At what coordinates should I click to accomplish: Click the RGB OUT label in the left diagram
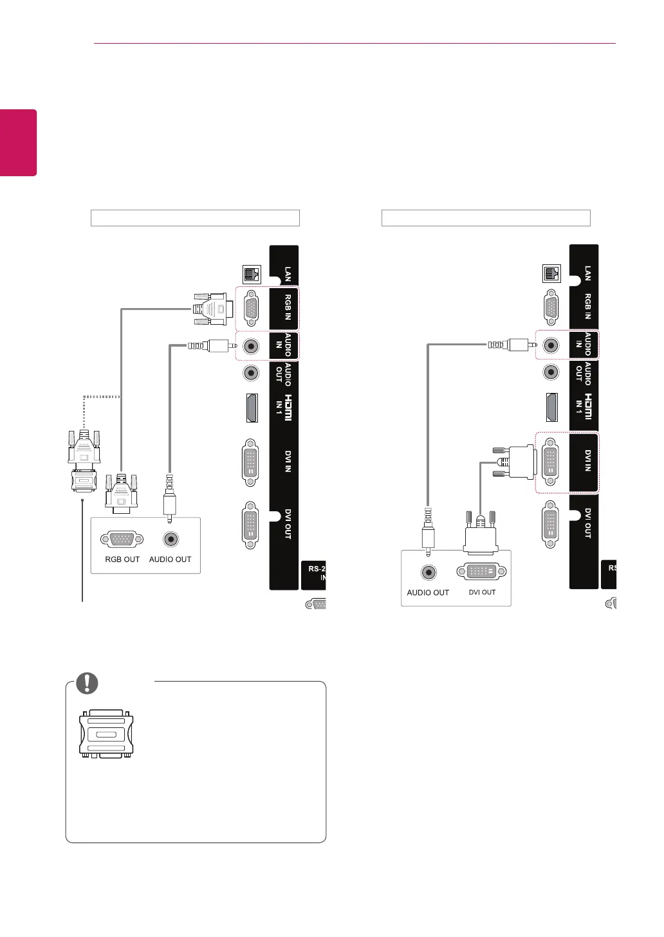[122, 559]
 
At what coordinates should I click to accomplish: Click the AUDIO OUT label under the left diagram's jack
[170, 559]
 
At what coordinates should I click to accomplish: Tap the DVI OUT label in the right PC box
[482, 592]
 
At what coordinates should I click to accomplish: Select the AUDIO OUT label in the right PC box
[428, 592]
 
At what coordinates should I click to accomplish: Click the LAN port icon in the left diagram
[250, 275]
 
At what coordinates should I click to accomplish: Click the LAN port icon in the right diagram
[551, 273]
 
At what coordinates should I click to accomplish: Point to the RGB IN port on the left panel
[251, 310]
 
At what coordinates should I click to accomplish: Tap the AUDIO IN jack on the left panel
[251, 346]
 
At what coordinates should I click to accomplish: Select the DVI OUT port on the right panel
[551, 524]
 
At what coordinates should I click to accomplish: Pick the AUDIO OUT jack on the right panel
[551, 372]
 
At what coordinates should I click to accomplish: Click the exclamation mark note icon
[88, 683]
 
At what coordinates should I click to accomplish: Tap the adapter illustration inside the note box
[106, 734]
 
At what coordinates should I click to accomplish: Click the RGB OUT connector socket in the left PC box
[122, 539]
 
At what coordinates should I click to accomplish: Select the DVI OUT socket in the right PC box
[481, 571]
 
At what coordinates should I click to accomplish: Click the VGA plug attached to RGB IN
[213, 309]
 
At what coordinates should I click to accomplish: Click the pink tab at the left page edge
[18, 142]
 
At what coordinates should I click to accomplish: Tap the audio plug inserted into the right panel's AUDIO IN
[512, 345]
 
